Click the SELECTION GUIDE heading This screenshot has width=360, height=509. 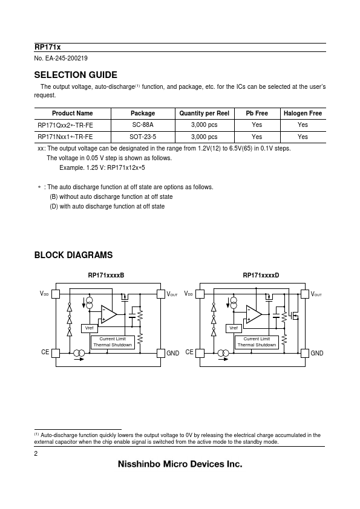pos(76,75)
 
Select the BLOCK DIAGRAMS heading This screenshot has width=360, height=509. pos(73,255)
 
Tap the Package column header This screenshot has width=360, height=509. pos(143,113)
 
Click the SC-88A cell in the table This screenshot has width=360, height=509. pos(143,125)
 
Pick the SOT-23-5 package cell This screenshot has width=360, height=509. pos(143,137)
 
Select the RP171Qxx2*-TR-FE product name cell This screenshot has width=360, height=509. pos(65,125)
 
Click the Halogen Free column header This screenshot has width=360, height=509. pos(303,113)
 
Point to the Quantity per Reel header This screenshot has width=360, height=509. pos(205,113)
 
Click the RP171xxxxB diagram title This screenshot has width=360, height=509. pos(106,275)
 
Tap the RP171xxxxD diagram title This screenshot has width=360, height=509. pos(261,275)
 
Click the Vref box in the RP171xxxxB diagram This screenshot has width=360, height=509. pos(90,328)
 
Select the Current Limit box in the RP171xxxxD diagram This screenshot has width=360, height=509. pos(257,342)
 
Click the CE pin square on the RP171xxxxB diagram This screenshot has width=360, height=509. pos(56,353)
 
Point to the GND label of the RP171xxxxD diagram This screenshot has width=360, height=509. pos(317,353)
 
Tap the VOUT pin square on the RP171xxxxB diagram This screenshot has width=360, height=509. pos(161,294)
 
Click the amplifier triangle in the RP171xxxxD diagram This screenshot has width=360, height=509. pos(254,314)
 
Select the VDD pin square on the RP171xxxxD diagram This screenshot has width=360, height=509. pos(200,294)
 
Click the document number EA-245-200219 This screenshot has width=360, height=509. pos(61,59)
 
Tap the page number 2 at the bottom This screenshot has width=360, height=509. pos(36,454)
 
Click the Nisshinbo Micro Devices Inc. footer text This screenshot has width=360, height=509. pos(180,464)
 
